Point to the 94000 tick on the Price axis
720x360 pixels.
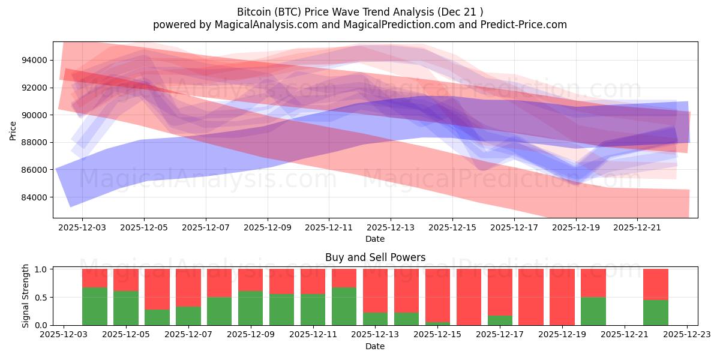click(x=35, y=60)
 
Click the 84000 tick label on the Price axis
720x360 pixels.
click(x=35, y=197)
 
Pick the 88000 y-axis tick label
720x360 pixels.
click(x=35, y=142)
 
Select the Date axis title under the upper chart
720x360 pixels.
click(x=375, y=239)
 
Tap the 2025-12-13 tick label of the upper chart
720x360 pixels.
click(x=391, y=228)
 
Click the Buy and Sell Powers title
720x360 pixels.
click(x=375, y=257)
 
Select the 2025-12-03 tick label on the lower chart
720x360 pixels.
click(x=64, y=335)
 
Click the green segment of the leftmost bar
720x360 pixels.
click(x=95, y=306)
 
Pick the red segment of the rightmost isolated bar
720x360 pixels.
click(x=656, y=284)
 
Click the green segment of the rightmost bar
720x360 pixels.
click(x=656, y=312)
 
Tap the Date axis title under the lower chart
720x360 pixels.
click(x=375, y=346)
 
